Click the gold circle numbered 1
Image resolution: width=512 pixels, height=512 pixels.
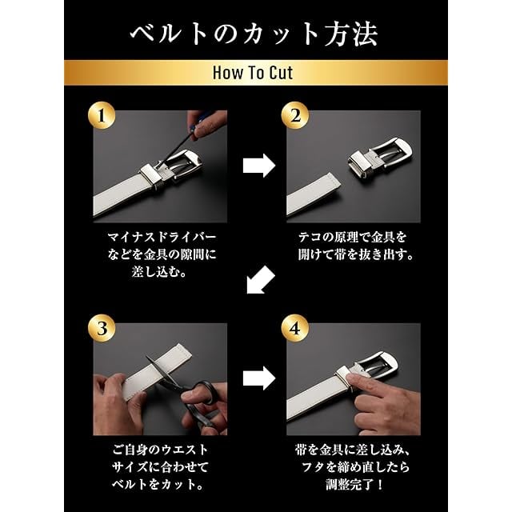coord(102,116)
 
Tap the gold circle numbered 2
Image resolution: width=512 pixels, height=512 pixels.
coord(295,116)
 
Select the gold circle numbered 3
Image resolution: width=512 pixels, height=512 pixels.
coord(102,328)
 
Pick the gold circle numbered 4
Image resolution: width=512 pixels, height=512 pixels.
coord(295,328)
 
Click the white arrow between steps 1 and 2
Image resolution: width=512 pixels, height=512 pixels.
coord(259,166)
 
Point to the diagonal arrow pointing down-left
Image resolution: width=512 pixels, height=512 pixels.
coord(260,280)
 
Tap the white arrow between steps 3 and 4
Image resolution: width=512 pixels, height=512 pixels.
coord(259,378)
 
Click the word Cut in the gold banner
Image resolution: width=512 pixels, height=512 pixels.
coord(281,73)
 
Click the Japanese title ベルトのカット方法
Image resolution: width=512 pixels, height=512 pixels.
coord(254,34)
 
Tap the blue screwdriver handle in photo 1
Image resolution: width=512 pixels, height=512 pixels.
coord(203,120)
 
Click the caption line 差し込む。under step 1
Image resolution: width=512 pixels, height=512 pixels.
coord(159,272)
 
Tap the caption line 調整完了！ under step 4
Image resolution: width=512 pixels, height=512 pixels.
coord(354,485)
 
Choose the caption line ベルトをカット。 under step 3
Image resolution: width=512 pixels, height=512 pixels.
coord(158,484)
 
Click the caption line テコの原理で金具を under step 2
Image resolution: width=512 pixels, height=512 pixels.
coord(353,237)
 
